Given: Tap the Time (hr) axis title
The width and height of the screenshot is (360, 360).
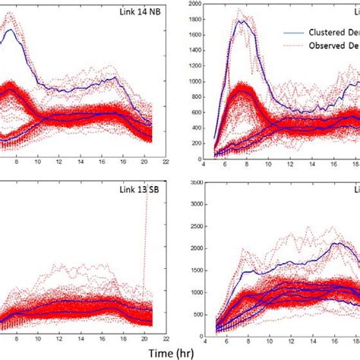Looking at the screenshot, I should [x=180, y=352].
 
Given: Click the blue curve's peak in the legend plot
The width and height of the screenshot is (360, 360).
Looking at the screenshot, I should [x=241, y=21].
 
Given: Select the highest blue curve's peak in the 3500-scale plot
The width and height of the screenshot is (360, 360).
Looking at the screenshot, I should [x=333, y=244].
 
